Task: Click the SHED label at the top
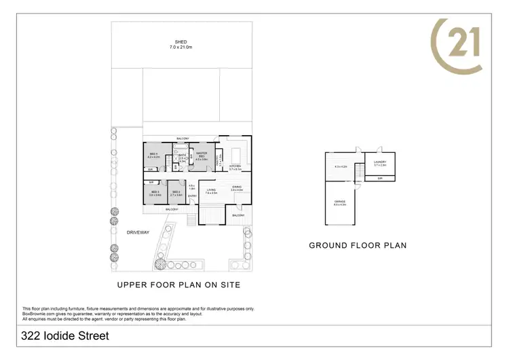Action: coord(181,41)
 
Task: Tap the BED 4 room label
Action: coord(154,154)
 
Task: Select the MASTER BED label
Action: coord(202,154)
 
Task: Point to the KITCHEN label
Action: coord(235,166)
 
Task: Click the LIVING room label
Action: coord(211,190)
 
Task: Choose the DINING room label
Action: coord(236,187)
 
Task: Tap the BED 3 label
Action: coord(155,192)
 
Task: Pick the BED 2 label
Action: coord(176,192)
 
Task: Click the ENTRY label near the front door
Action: coord(192,196)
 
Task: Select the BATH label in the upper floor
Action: coord(183,155)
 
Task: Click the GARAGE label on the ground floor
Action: coord(339,202)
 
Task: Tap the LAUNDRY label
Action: coord(379,162)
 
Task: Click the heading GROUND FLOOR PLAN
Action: coord(358,245)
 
